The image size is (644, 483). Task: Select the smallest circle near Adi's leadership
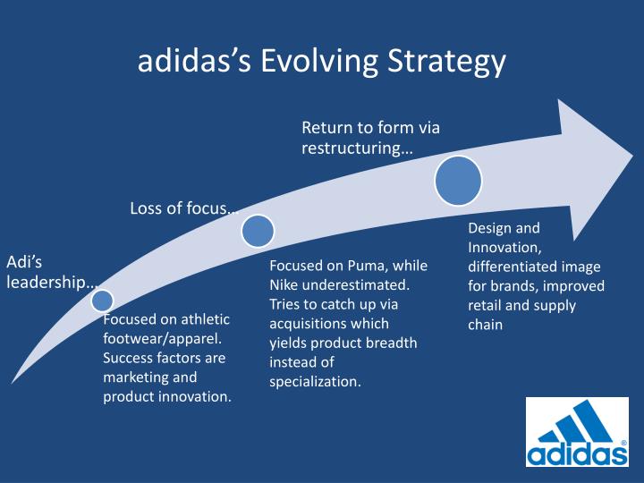coord(103,301)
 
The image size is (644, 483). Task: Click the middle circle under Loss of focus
coord(258,231)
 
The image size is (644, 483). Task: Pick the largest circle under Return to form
coord(458,180)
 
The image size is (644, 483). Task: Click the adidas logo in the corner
coord(576,433)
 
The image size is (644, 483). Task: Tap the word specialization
coord(315,381)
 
